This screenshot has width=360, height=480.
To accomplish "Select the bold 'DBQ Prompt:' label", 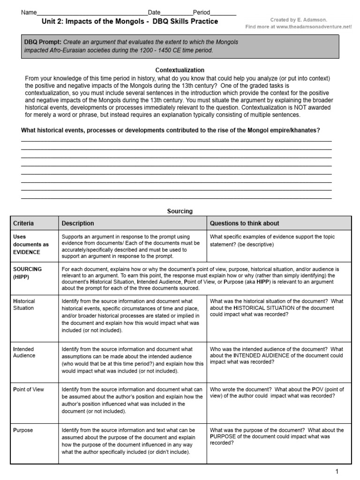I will tap(42, 42).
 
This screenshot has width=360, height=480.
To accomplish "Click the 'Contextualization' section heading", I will tap(180, 70).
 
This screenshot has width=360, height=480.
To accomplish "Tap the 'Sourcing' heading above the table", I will tap(180, 211).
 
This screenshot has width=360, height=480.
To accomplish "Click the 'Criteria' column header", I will tap(23, 224).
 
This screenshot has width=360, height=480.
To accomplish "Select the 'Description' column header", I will tap(78, 224).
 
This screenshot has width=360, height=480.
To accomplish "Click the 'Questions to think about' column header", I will tap(244, 224).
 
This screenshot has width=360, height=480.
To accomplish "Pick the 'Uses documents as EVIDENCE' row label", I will tap(30, 245).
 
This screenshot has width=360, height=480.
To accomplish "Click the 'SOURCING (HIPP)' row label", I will tap(27, 273).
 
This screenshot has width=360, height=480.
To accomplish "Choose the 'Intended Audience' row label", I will tap(24, 352).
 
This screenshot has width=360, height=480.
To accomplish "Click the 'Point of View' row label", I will tap(29, 390).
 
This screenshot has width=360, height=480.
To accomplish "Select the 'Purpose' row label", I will tap(23, 430).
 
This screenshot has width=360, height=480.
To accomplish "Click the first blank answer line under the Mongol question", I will tap(176, 140).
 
